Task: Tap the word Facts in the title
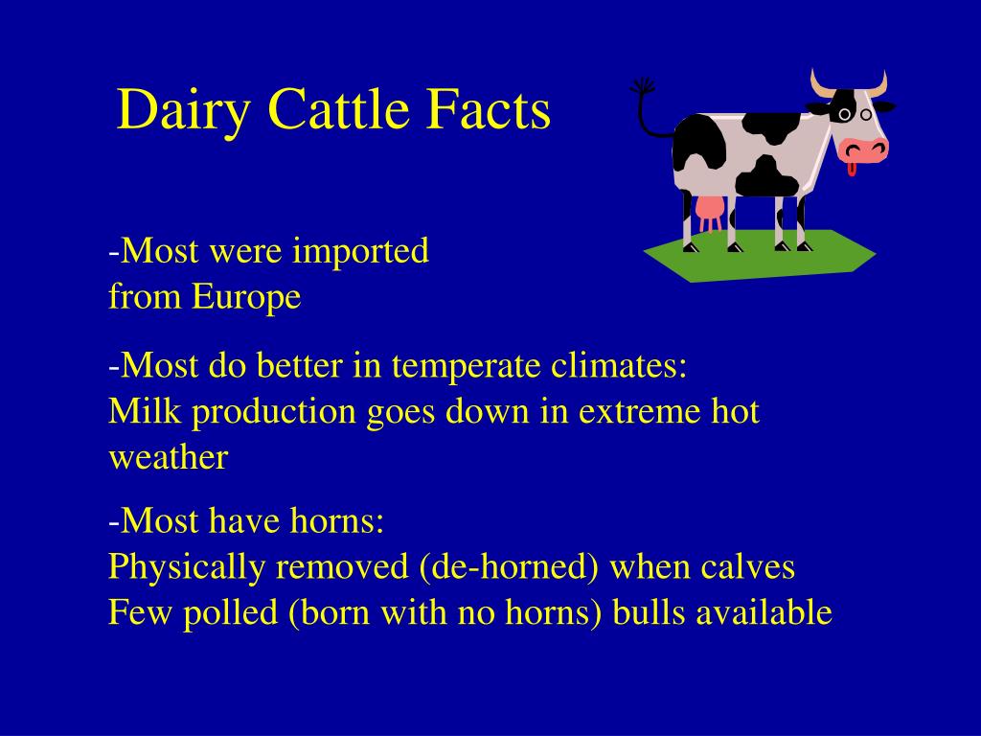[x=489, y=109]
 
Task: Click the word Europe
[x=246, y=298]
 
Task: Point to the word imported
[x=360, y=253]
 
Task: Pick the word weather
[x=168, y=458]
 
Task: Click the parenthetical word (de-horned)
[x=509, y=567]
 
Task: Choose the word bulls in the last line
[x=649, y=613]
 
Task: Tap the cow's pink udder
[x=709, y=212]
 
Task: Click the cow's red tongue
[x=851, y=170]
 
